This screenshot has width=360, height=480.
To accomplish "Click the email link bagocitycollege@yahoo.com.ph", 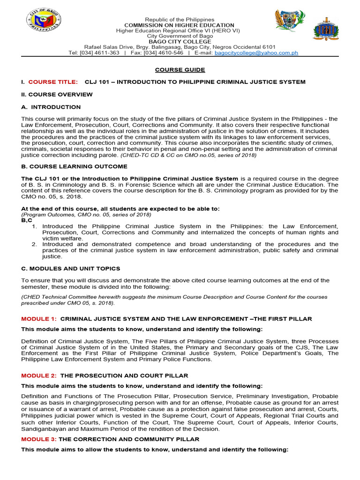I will (x=256, y=53).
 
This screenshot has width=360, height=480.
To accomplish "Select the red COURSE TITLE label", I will (x=54, y=82).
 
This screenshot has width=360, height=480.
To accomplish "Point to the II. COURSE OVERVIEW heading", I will (x=57, y=94).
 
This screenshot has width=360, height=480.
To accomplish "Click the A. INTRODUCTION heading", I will (x=51, y=107).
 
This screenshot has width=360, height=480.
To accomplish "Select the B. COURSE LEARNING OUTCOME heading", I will (x=74, y=166).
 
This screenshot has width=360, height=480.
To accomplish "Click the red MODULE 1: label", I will (x=39, y=319).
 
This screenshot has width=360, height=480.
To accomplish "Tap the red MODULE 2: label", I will (x=39, y=375).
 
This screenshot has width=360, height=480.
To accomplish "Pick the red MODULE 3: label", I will (x=39, y=439).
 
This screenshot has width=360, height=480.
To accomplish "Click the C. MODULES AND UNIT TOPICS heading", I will (x=71, y=269).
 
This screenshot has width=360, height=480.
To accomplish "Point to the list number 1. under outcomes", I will (x=34, y=226).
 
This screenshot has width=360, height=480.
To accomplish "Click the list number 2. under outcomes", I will (x=34, y=244).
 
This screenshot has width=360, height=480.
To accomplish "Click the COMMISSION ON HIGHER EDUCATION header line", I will (x=179, y=25).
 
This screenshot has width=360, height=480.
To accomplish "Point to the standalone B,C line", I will (x=26, y=220).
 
